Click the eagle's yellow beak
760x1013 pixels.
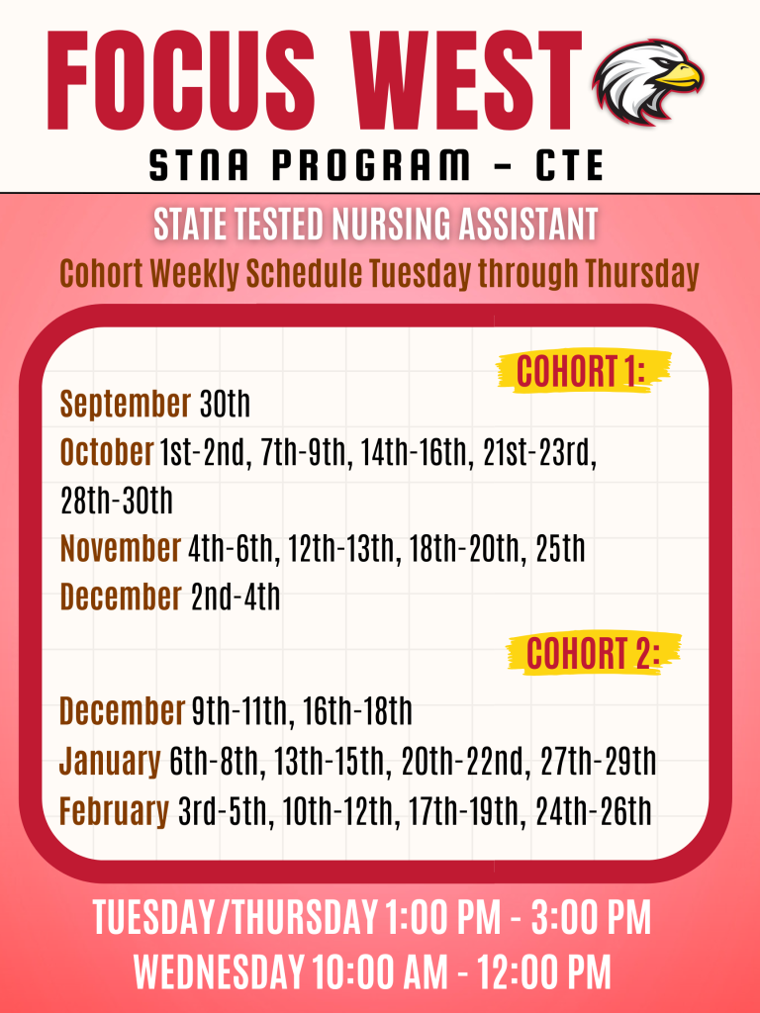pos(680,76)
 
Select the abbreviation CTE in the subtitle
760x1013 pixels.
pos(570,165)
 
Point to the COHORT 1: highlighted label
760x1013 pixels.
pos(581,371)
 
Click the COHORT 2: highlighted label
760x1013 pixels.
pos(593,654)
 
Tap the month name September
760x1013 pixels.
pos(126,405)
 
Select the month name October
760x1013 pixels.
pos(107,452)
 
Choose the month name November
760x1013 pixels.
pos(120,548)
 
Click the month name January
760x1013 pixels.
pos(110,763)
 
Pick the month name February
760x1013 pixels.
pos(114,811)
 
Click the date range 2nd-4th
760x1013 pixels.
pos(236,597)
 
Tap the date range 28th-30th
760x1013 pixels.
pos(117,501)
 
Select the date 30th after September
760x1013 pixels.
pos(225,405)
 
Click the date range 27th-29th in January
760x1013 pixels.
pos(598,762)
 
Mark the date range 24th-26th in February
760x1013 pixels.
pos(594,811)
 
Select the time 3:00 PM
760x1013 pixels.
pos(591,917)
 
